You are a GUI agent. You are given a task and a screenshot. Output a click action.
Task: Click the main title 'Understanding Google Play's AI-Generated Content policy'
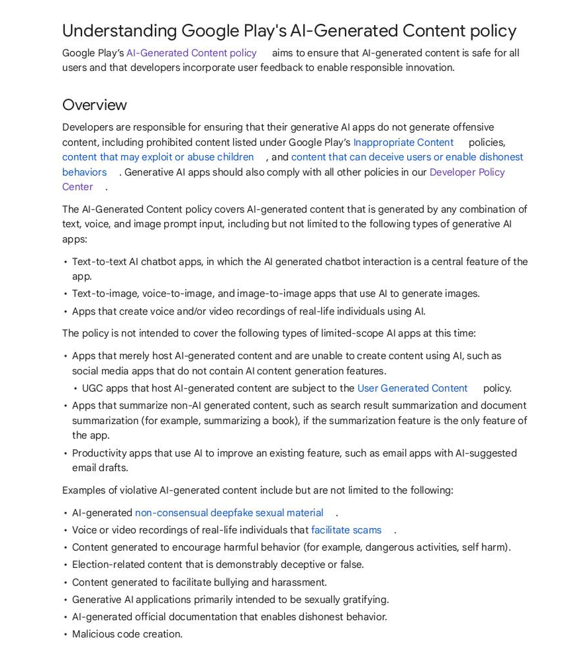tap(289, 30)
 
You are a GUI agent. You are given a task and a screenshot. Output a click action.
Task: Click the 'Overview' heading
tap(94, 105)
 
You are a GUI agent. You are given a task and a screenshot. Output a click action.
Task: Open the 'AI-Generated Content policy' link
tap(191, 53)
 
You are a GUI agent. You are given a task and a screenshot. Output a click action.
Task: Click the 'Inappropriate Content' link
tap(403, 142)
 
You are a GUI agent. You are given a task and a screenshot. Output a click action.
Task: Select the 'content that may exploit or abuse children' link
tap(158, 157)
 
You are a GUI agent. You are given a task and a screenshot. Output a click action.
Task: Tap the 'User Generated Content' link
tap(412, 388)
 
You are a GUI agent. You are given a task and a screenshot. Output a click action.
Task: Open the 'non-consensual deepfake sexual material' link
tap(229, 513)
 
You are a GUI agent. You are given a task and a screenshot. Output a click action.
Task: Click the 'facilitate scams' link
tap(346, 530)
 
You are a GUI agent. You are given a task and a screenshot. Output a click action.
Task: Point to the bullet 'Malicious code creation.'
tap(127, 634)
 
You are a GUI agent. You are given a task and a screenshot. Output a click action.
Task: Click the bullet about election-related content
tap(218, 565)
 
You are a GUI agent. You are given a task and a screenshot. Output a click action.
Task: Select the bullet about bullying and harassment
tap(199, 582)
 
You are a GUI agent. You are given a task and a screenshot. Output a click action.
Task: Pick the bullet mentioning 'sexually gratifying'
tap(230, 600)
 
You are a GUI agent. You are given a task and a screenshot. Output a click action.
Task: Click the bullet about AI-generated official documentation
tap(229, 617)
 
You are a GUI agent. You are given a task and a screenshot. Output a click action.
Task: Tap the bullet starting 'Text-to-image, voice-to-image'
tap(275, 294)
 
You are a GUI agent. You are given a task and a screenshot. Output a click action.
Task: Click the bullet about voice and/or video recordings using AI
tap(248, 311)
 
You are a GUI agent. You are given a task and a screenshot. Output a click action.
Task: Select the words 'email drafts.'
tap(100, 468)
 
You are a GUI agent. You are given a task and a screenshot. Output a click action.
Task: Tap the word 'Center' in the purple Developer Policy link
tap(77, 187)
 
